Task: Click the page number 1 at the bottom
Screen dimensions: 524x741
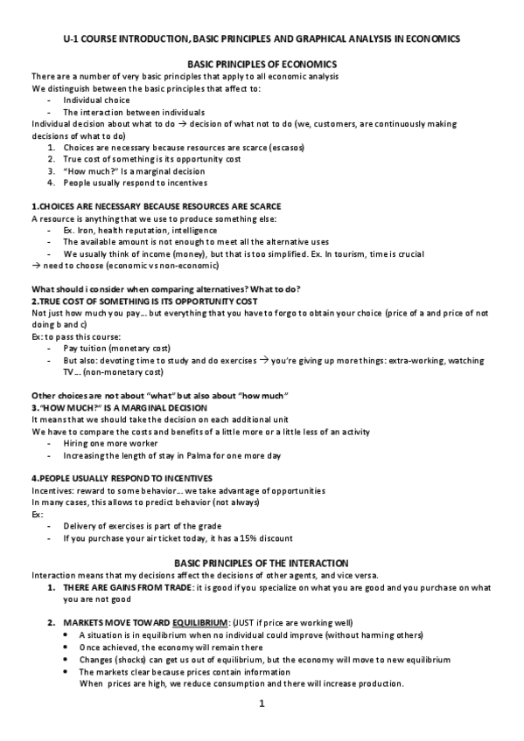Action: [262, 703]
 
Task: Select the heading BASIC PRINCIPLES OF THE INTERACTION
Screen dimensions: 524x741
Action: [262, 562]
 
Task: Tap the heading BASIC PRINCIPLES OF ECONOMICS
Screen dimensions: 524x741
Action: [262, 66]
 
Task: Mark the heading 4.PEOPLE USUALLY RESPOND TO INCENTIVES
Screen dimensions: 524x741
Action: [116, 479]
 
